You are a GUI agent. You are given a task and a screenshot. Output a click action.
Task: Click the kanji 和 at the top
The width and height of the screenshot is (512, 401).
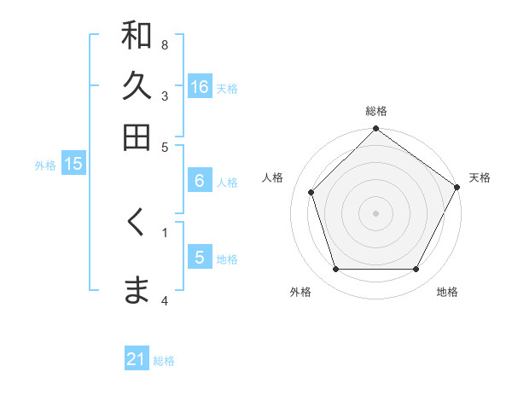click(x=137, y=36)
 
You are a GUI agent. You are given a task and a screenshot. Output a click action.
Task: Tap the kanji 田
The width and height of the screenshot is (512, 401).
click(x=137, y=137)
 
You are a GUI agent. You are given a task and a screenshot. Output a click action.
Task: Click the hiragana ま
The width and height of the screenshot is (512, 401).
click(x=137, y=290)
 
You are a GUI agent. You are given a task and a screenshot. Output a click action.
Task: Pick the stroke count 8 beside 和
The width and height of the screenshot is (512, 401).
click(x=165, y=44)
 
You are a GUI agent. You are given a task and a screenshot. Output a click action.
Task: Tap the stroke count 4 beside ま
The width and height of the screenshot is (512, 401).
click(x=165, y=300)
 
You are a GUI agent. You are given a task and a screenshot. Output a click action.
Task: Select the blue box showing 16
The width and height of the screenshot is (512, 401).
click(x=200, y=87)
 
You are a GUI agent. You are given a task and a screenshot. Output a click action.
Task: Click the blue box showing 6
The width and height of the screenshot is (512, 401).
click(x=200, y=181)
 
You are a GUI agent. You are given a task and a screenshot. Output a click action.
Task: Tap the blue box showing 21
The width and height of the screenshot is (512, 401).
click(x=137, y=360)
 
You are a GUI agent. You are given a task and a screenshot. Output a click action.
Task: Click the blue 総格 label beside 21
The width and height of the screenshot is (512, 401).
click(x=164, y=361)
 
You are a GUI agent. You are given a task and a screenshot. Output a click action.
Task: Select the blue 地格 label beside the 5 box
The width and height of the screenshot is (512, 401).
click(x=227, y=259)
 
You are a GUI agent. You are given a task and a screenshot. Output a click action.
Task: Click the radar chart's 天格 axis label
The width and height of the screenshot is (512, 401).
click(x=480, y=177)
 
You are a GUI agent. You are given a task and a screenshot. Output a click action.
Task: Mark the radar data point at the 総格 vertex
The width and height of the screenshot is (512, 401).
click(x=375, y=131)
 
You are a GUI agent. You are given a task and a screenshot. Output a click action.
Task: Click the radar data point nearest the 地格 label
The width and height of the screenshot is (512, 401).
click(x=416, y=270)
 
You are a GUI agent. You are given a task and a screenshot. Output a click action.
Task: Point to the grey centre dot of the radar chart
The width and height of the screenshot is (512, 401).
click(x=375, y=212)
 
